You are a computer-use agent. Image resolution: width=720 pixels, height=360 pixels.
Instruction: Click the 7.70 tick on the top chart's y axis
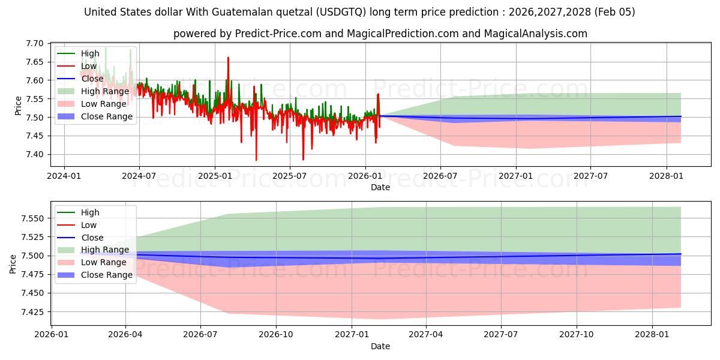tap(35, 44)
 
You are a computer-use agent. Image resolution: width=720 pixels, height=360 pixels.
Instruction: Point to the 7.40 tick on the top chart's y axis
tap(35, 154)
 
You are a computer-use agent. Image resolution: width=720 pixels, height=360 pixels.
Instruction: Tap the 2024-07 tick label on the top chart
tap(139, 176)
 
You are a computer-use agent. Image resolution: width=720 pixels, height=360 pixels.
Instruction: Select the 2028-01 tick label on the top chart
tap(666, 176)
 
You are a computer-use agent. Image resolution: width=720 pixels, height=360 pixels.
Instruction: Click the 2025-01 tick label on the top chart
tap(214, 176)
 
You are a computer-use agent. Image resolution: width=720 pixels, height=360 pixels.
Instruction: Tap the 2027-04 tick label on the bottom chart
tap(427, 335)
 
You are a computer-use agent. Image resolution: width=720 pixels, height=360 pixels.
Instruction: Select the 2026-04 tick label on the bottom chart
tap(125, 335)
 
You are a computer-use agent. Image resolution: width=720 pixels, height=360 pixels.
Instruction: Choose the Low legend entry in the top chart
tap(88, 66)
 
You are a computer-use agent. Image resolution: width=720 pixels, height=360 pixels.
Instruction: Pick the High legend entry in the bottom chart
tap(90, 212)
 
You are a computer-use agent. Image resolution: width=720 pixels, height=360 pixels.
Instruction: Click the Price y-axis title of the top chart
tap(18, 105)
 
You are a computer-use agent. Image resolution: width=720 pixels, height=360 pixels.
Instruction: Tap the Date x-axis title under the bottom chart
tap(380, 346)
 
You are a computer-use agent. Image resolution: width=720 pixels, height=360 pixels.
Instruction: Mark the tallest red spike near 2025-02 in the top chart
tap(228, 58)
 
